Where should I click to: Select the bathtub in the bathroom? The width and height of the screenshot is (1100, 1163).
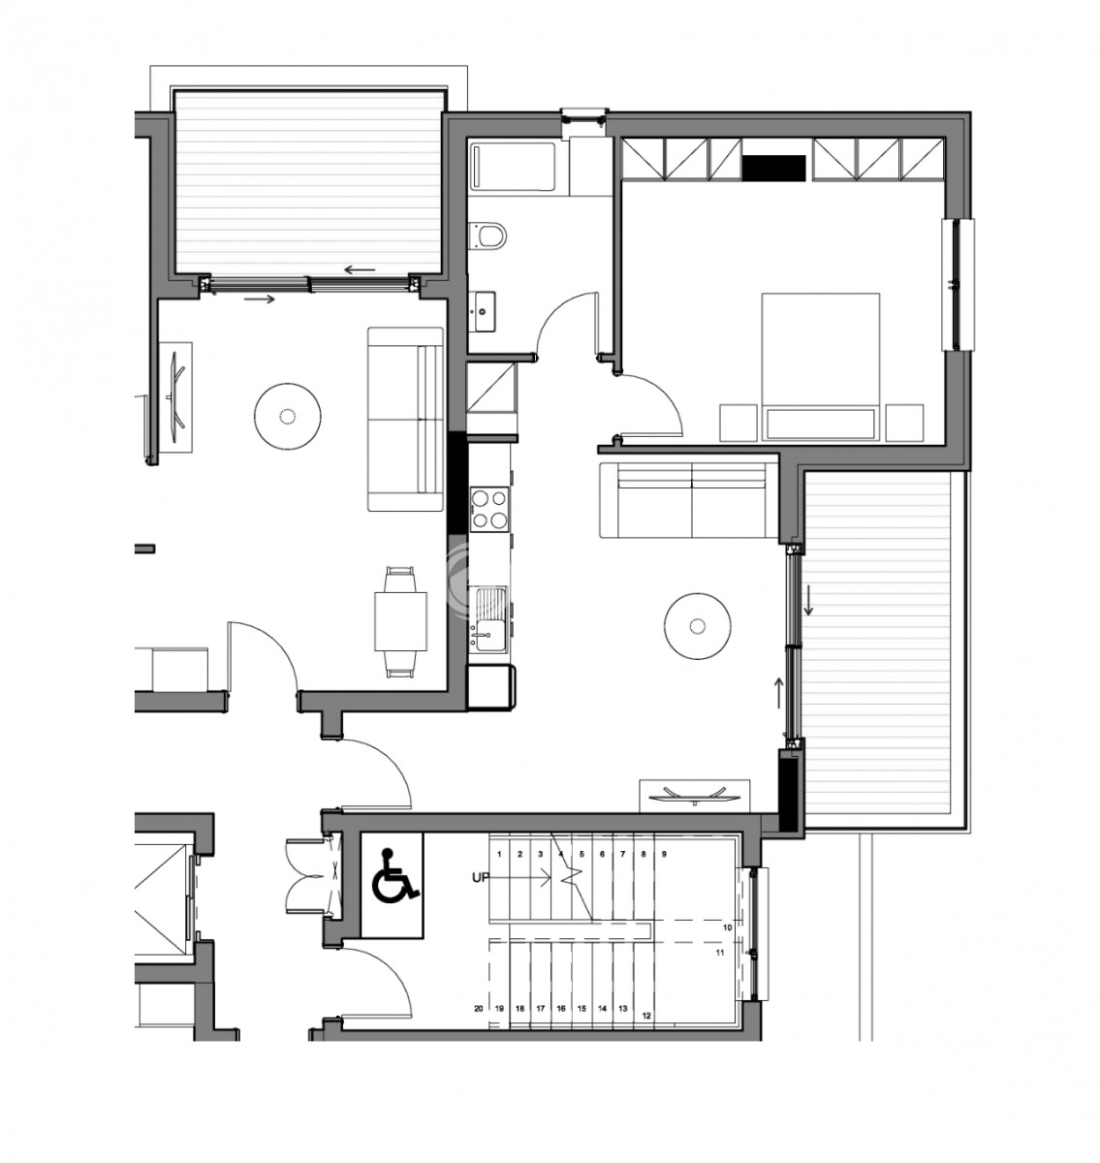tap(513, 167)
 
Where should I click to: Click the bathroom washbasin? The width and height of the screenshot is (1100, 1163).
tap(483, 310)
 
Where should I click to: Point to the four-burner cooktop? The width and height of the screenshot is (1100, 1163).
tap(488, 509)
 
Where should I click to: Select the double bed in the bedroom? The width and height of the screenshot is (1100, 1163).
tap(820, 366)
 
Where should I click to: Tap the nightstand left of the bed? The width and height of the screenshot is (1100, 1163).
tap(738, 423)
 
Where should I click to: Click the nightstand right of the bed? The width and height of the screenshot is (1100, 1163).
tap(904, 423)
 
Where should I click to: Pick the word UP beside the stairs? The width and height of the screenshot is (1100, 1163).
tap(481, 878)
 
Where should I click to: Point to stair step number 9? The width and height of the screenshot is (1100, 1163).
tap(664, 854)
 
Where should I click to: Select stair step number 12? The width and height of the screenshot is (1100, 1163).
tap(646, 1016)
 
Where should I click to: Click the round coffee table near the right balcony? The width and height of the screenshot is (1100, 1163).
tap(697, 626)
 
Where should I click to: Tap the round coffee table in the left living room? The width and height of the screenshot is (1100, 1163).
tap(288, 417)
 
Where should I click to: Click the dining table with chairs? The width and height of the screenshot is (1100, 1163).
tap(400, 621)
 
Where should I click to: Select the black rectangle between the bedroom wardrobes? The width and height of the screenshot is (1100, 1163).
tap(774, 168)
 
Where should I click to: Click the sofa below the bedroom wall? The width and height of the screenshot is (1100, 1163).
tap(688, 500)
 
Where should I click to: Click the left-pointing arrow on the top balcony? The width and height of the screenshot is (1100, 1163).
tap(360, 271)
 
